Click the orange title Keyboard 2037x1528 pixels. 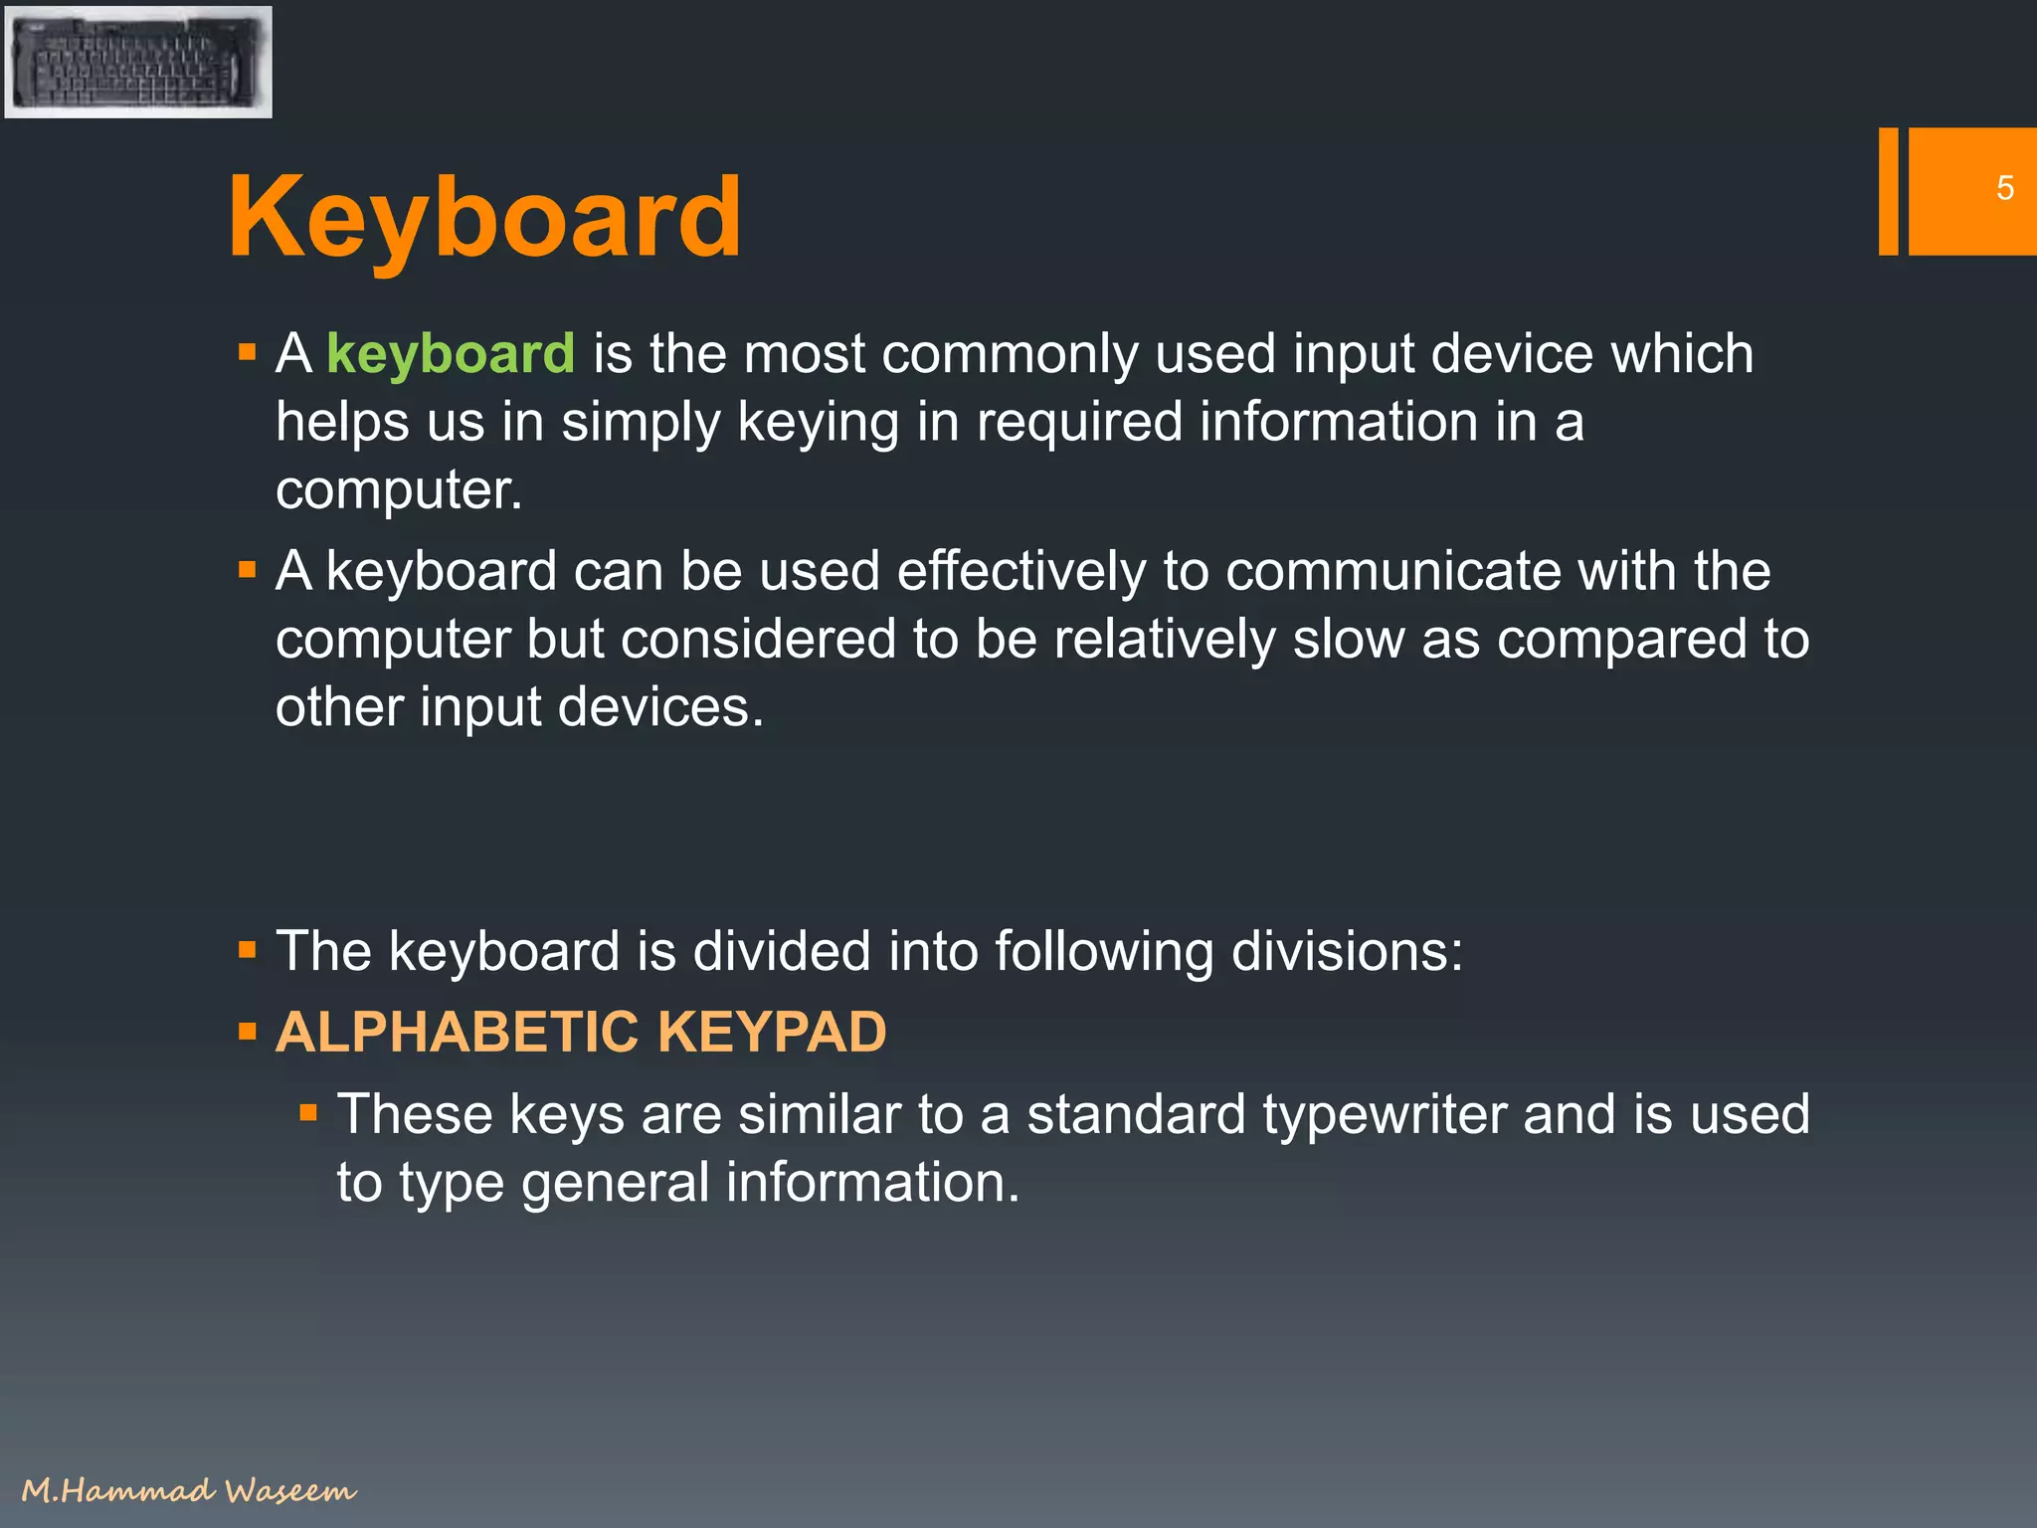pyautogui.click(x=484, y=217)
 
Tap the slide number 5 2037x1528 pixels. pyautogui.click(x=2005, y=188)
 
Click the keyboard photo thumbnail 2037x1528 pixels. pyautogui.click(x=138, y=62)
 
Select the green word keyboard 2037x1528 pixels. pyautogui.click(x=451, y=354)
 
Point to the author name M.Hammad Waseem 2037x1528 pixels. pyautogui.click(x=188, y=1490)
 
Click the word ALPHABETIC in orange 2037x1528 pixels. pyautogui.click(x=457, y=1032)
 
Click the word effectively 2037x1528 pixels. pyautogui.click(x=1021, y=572)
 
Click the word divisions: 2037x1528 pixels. pyautogui.click(x=1347, y=951)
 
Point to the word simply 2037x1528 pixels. pyautogui.click(x=641, y=423)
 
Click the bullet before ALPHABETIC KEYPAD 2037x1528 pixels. pyautogui.click(x=248, y=1032)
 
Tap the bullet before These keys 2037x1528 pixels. pyautogui.click(x=308, y=1112)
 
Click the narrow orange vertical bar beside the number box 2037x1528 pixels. pyautogui.click(x=1888, y=191)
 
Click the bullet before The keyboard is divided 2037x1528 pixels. pyautogui.click(x=248, y=951)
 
